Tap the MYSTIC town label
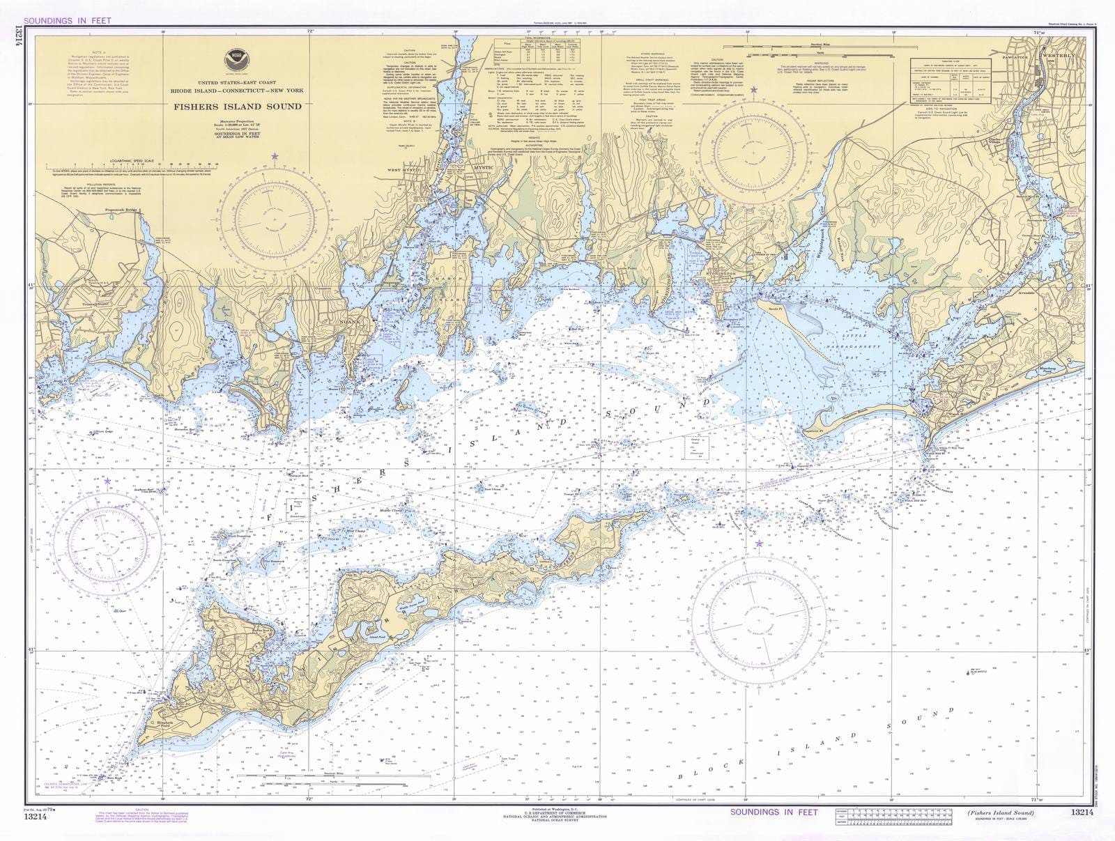[x=482, y=168]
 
